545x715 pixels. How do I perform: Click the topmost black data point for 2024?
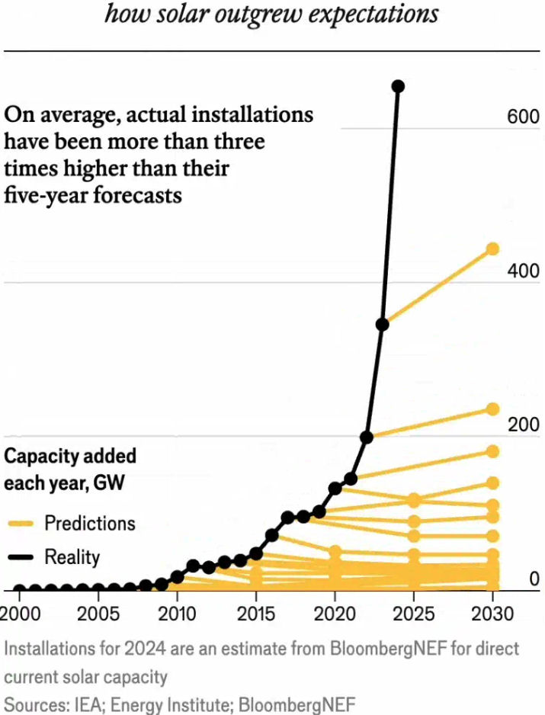click(x=398, y=87)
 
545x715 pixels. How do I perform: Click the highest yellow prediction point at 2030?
click(x=492, y=248)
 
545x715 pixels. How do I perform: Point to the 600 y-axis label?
click(x=523, y=117)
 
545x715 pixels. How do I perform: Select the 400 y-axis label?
click(x=523, y=271)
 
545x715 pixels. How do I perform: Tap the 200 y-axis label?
click(x=523, y=425)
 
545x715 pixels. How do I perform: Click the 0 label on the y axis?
click(x=534, y=579)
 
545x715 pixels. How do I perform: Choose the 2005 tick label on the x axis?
click(x=98, y=614)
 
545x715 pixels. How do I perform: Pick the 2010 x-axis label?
click(x=177, y=614)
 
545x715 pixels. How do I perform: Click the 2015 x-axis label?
click(x=256, y=614)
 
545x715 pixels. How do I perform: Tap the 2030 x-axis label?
click(x=492, y=614)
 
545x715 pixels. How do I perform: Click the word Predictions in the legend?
click(x=89, y=524)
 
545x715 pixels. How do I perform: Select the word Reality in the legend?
click(x=72, y=557)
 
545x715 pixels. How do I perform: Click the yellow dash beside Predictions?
click(x=20, y=524)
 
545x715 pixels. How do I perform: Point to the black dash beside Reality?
click(x=20, y=558)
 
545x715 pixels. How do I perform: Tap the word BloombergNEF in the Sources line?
click(x=302, y=704)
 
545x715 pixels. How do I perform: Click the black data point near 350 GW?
click(x=383, y=325)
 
